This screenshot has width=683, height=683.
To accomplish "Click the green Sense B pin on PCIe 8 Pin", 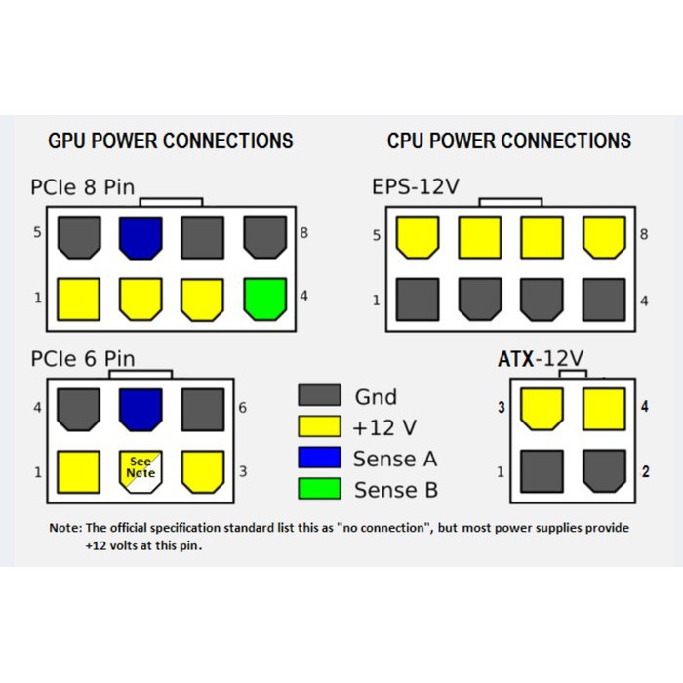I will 265,299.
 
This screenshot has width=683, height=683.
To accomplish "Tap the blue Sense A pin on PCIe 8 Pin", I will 140,237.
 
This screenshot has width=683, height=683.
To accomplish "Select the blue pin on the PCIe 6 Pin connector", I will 140,410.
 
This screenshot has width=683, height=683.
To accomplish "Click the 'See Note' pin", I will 140,468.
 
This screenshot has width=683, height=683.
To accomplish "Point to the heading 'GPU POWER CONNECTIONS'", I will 171,141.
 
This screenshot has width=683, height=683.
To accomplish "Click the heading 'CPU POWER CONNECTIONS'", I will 509,141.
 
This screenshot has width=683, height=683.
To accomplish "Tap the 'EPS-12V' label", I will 415,186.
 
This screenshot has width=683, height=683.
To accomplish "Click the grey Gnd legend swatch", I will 319,395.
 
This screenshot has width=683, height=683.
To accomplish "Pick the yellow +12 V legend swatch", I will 319,426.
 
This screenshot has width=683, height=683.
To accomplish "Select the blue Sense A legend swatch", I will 319,458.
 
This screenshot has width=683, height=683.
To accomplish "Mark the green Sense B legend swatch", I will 319,488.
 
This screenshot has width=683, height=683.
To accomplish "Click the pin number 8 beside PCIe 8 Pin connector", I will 304,234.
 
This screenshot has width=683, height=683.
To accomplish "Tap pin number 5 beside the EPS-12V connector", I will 377,235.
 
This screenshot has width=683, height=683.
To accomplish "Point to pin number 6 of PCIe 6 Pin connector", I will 242,407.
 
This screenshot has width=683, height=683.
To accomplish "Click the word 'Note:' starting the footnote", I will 66,528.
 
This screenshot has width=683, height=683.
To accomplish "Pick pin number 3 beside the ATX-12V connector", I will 502,407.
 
